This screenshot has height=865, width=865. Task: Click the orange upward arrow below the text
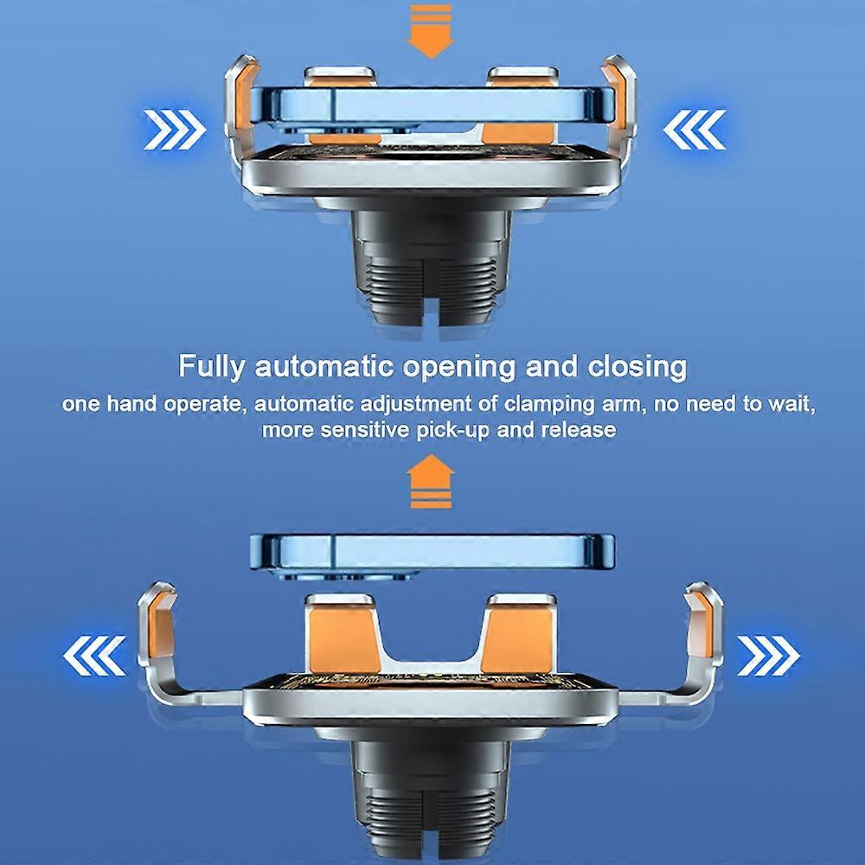430,481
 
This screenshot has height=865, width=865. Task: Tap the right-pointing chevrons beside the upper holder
175,130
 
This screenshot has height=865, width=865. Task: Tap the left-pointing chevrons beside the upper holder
694,130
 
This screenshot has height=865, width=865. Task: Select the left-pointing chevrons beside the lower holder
94,656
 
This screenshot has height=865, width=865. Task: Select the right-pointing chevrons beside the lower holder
768,656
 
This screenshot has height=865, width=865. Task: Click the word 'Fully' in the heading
210,367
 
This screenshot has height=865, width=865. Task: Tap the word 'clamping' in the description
549,404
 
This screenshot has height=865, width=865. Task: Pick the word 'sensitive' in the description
365,430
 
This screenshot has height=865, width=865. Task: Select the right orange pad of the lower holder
517,640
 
